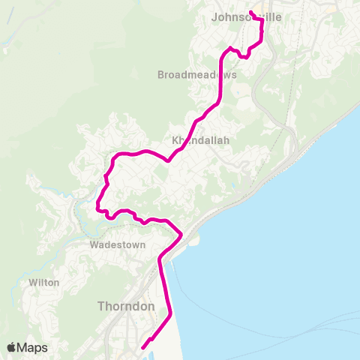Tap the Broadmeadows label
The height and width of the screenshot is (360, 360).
(197, 75)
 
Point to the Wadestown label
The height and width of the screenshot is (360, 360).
(116, 245)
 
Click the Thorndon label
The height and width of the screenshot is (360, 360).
(126, 307)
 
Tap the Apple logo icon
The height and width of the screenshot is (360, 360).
(11, 347)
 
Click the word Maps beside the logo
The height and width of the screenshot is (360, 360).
(32, 347)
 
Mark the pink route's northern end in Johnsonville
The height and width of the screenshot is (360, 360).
(250, 11)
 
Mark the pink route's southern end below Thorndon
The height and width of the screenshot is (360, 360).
(142, 347)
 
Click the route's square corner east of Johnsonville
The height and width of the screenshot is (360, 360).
(262, 20)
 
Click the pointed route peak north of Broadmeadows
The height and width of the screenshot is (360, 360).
(229, 49)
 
